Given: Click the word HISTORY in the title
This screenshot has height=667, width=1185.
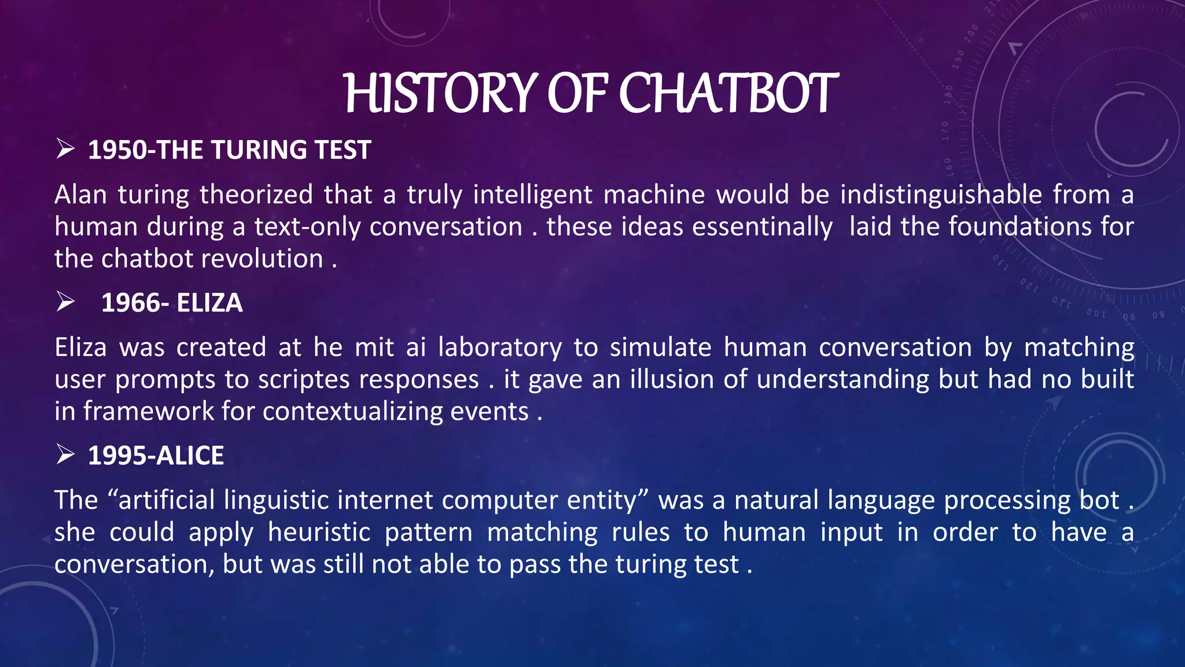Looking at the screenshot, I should click(441, 94).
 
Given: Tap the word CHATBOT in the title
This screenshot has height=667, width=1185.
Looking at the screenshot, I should click(728, 94).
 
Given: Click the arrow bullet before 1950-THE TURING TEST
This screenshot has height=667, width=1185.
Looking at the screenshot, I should click(65, 149).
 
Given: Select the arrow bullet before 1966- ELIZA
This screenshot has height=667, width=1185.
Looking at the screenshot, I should click(65, 302).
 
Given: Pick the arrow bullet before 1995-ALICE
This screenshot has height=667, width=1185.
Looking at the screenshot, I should click(65, 455).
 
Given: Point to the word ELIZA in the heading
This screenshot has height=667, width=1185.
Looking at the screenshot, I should click(209, 303).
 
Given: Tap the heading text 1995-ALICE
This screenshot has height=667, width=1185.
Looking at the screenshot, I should click(156, 456).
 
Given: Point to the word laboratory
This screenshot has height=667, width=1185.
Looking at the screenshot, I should click(500, 347).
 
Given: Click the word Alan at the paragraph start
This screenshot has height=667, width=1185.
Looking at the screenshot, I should click(80, 195).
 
